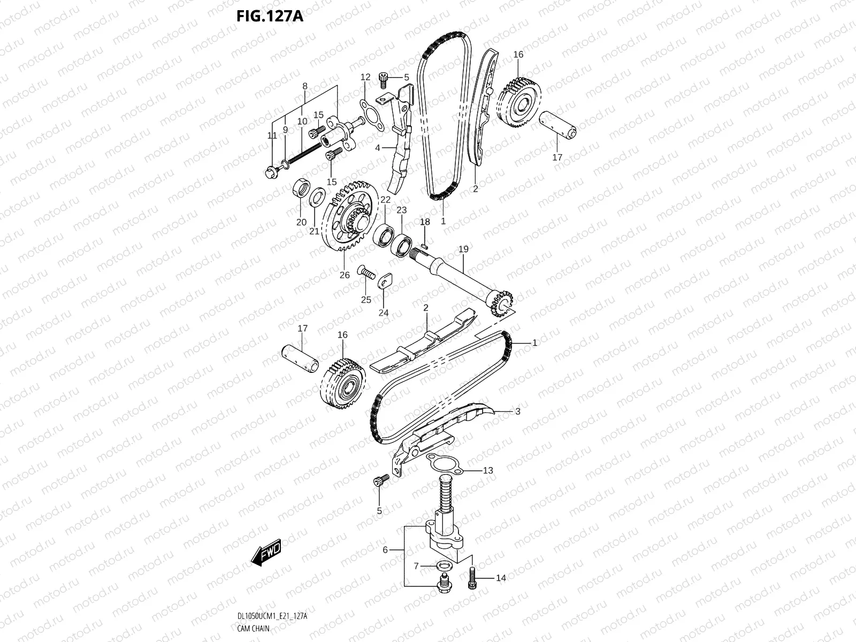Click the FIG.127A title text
click(270, 17)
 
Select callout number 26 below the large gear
click(345, 275)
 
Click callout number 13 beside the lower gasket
click(487, 470)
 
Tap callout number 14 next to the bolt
click(501, 578)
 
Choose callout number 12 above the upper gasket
click(365, 77)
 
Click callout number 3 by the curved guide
click(517, 411)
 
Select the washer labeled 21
click(316, 196)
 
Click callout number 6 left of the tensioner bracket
click(385, 549)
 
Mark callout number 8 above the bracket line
click(305, 86)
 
